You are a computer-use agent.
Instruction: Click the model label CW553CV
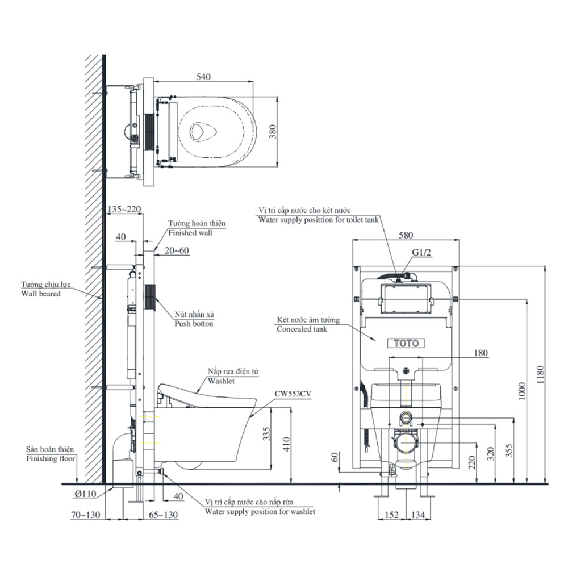coord(292,393)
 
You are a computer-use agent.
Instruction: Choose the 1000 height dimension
coord(523,391)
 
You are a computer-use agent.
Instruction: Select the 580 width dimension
coord(406,234)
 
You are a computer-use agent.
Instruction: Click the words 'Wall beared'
coord(41,294)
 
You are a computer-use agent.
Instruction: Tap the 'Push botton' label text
coord(194,324)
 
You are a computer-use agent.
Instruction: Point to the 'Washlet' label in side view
coord(222,381)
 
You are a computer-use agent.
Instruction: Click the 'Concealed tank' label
coord(302,329)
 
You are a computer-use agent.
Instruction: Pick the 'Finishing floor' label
coord(51,458)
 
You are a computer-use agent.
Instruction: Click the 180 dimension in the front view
coord(481,353)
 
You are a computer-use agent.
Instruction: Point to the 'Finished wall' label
coord(190,233)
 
